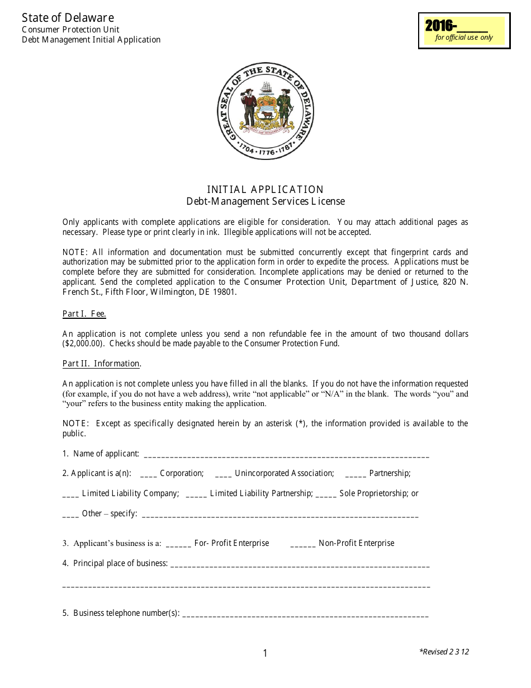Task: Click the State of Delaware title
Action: pos(68,18)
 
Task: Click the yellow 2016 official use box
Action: pos(464,30)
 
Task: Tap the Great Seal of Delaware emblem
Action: pos(265,111)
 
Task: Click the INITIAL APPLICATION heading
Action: pos(265,189)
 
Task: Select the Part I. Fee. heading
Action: pos(84,314)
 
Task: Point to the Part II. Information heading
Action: pos(101,364)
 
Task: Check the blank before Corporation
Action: pos(149,474)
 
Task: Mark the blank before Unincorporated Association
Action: pos(223,474)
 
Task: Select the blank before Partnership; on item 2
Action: pos(355,474)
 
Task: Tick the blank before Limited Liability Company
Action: pos(70,494)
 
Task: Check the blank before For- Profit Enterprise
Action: pos(178,544)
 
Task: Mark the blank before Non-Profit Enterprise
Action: pos(303,544)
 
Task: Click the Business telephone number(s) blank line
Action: pos(305,614)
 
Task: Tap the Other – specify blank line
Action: pos(280,515)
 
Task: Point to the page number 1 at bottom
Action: pos(265,653)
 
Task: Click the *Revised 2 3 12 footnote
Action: pos(444,652)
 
